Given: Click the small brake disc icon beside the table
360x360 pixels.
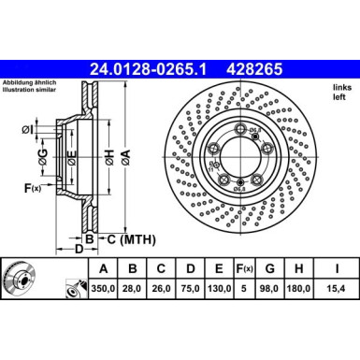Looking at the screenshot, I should point(19,278).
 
